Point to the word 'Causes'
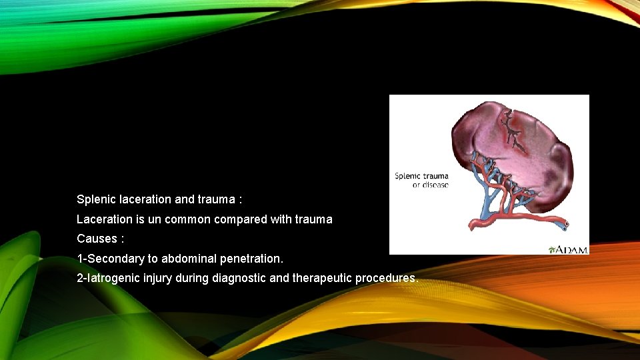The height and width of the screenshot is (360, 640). (x=97, y=238)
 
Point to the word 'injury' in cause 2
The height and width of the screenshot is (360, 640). (x=157, y=277)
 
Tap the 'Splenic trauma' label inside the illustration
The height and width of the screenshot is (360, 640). (x=421, y=176)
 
